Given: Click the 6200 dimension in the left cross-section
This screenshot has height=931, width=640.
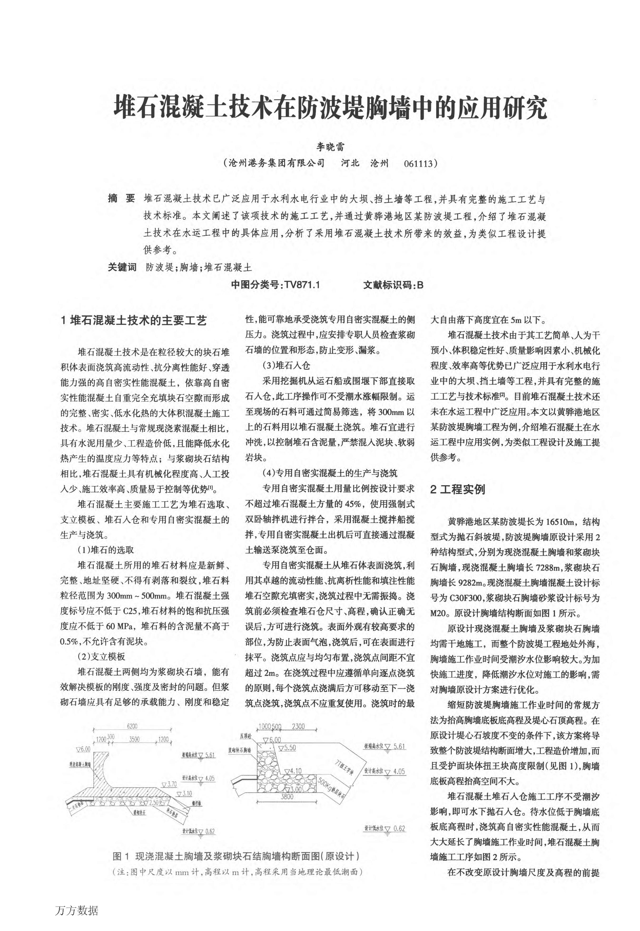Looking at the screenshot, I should (132, 726).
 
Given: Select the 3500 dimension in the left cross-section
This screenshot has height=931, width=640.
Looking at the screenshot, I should (134, 739).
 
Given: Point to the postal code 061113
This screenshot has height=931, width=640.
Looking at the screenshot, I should (420, 163).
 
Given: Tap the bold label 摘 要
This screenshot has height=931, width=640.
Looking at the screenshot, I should (122, 199).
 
